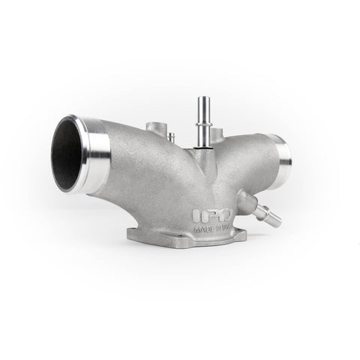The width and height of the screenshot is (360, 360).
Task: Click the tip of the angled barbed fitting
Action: point(276,221)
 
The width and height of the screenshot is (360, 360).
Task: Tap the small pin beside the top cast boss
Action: point(172,136)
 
